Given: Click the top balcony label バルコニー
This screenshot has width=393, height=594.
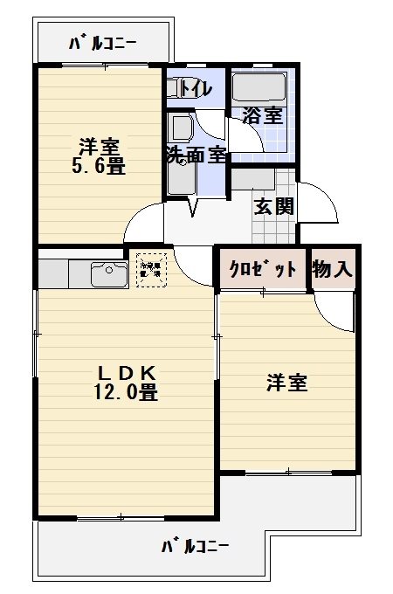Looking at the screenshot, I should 101,43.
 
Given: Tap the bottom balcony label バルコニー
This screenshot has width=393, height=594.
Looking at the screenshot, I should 196,548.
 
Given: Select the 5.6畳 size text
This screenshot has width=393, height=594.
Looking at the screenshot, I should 99,165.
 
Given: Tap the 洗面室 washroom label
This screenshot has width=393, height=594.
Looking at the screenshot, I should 196,155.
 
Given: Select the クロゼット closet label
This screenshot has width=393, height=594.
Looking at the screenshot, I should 263,270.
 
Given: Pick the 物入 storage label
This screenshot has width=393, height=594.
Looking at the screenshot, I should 333,270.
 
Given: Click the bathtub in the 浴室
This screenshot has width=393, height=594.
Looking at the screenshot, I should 259,88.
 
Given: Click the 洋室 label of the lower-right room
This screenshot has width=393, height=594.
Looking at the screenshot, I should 287,383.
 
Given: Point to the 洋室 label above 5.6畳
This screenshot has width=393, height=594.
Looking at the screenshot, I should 99,145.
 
